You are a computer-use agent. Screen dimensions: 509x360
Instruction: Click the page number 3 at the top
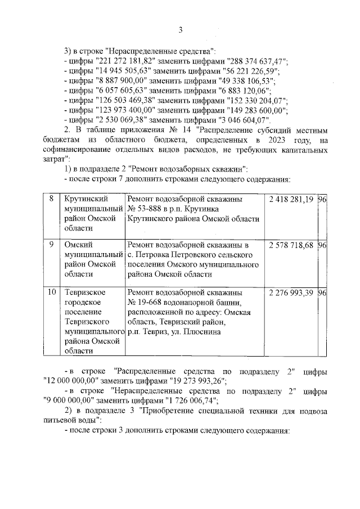click(181, 30)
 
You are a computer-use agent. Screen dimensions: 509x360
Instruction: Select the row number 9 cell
click(51, 245)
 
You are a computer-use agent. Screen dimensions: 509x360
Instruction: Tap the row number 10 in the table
click(52, 293)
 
